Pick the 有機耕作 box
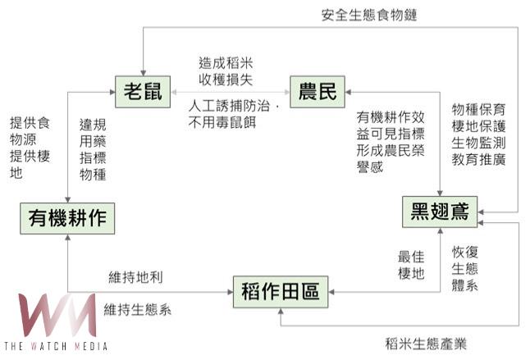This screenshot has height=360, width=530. click(x=67, y=219)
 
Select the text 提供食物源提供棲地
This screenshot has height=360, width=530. click(x=30, y=148)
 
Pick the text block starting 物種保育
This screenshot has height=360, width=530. click(x=479, y=134)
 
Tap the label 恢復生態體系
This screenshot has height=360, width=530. click(x=466, y=267)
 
